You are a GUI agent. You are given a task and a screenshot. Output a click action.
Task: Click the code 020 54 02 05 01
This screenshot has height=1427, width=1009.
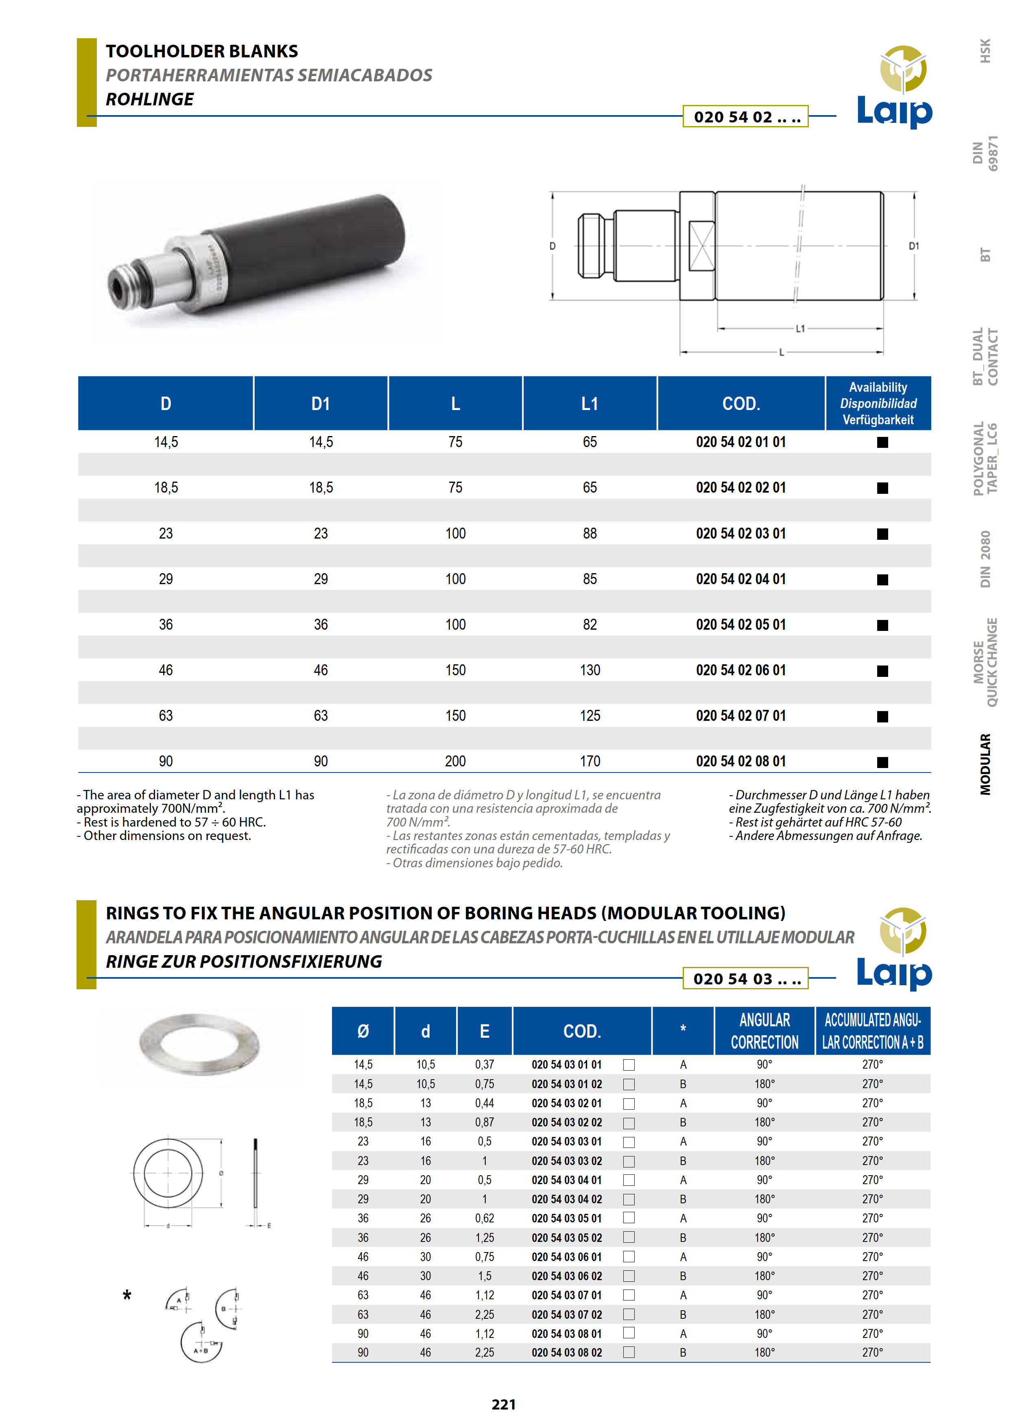coord(740,625)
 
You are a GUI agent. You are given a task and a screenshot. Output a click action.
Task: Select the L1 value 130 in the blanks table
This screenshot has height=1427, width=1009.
coord(590,670)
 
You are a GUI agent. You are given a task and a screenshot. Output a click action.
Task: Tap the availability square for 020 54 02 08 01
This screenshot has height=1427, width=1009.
coord(882,762)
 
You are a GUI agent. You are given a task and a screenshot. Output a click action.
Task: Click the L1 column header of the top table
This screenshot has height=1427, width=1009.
coord(590,404)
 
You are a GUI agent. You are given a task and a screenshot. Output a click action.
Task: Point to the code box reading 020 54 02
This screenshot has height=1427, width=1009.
coord(745,117)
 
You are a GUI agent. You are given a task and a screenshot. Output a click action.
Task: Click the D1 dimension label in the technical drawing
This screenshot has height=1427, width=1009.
coord(913,246)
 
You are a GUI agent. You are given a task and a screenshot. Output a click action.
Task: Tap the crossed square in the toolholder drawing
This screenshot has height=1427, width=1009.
coord(701,246)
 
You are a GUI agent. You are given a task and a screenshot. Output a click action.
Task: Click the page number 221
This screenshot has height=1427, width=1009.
coord(504,1404)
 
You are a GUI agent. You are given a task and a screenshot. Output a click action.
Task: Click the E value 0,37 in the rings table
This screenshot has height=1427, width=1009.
coord(484,1065)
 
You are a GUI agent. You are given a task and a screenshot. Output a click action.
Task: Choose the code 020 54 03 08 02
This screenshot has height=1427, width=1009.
coord(566,1353)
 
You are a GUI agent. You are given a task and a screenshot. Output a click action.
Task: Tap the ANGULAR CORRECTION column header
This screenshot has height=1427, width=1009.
coord(764,1031)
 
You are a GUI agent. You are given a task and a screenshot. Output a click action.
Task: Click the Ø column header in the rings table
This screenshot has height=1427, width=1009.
coord(363,1032)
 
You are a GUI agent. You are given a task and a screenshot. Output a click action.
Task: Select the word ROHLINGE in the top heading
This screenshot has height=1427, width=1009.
coord(149,99)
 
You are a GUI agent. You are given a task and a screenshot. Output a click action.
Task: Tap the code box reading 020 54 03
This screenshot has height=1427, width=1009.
coord(745,979)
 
